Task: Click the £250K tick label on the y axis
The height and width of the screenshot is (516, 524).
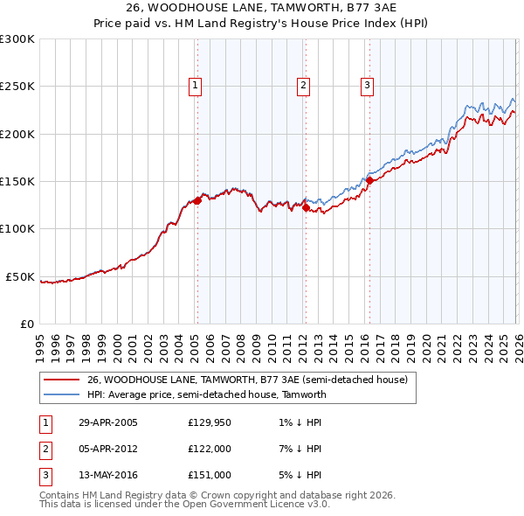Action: pyautogui.click(x=17, y=87)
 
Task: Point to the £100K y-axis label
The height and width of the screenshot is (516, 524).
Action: pyautogui.click(x=17, y=229)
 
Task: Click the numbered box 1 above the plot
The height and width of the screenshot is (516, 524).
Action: pyautogui.click(x=194, y=86)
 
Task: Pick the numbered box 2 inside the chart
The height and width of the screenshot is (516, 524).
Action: pyautogui.click(x=302, y=86)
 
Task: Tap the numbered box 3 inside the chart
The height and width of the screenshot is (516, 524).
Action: pyautogui.click(x=367, y=86)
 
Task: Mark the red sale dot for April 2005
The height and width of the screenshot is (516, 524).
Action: pyautogui.click(x=197, y=200)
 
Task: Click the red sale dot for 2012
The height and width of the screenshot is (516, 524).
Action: pyautogui.click(x=306, y=208)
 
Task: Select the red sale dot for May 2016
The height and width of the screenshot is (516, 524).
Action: pyautogui.click(x=369, y=180)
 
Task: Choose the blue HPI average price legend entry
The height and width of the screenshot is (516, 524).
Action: pyautogui.click(x=206, y=394)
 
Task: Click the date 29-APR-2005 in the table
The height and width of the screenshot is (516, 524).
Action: pyautogui.click(x=108, y=422)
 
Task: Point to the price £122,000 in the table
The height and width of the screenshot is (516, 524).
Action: pyautogui.click(x=210, y=449)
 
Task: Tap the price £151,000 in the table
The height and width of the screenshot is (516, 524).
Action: pyautogui.click(x=210, y=475)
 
